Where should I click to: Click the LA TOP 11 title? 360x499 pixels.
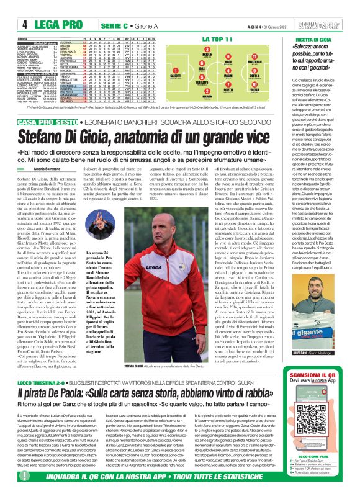(x=212, y=40)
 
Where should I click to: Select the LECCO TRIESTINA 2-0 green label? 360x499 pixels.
(x=27, y=349)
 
